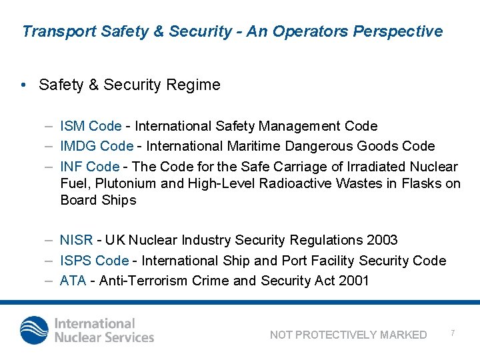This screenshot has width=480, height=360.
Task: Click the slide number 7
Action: point(453,332)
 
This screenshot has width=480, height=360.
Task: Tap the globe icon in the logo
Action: point(34,331)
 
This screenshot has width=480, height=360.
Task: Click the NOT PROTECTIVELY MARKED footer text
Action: point(348,335)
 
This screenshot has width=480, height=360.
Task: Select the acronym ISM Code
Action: point(91,126)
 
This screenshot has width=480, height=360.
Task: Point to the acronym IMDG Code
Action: point(97,146)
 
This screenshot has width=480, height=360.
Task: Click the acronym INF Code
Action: point(89,167)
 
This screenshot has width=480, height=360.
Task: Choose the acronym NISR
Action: point(77,240)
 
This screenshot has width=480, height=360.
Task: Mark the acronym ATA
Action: point(73,281)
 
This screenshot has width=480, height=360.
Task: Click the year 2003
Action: point(383,240)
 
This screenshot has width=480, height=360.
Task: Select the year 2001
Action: point(353,281)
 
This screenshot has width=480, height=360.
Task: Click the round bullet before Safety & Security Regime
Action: point(23,85)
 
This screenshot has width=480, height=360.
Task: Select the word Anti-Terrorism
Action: point(145,281)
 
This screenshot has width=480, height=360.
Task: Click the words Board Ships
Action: point(98,201)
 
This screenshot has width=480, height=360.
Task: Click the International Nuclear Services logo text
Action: point(104,331)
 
